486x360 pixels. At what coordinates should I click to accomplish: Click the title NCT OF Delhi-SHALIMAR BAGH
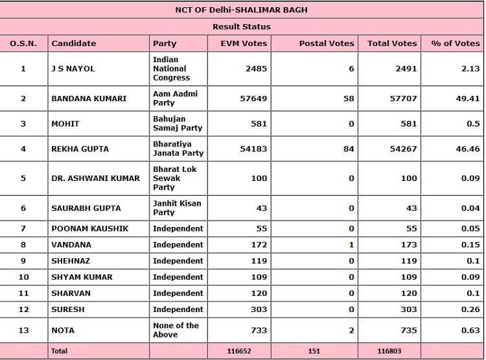point(242,10)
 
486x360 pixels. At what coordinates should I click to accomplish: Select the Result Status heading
point(242,27)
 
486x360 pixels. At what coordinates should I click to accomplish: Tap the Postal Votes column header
point(327,43)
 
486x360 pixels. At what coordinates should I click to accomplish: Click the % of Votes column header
point(456,43)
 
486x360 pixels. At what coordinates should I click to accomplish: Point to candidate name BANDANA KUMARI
point(89,99)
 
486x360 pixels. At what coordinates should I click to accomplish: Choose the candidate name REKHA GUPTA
point(80,149)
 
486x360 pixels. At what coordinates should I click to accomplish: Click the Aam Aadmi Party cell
point(175,99)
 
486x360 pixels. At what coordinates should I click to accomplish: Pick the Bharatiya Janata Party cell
point(178,149)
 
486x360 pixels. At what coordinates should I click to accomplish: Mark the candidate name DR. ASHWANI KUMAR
point(95,178)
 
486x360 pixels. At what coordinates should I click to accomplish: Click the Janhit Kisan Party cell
point(177,208)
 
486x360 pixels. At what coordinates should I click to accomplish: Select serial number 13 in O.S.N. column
point(23,330)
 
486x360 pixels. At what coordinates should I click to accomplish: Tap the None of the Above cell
point(176,330)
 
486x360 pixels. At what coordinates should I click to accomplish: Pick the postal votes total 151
point(314,351)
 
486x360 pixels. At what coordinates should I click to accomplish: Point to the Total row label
point(59,351)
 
